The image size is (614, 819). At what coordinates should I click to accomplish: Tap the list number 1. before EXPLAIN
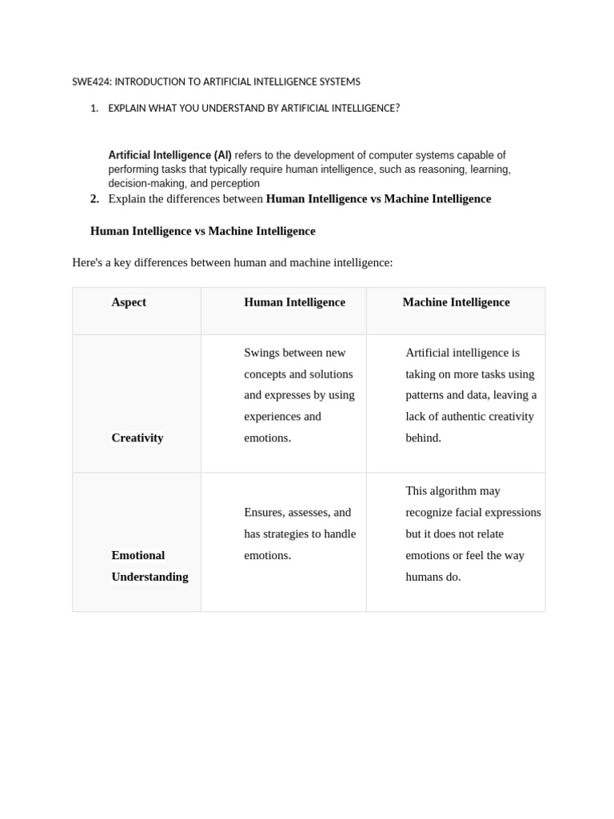point(94,108)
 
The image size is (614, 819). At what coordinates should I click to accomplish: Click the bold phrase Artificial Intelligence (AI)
point(169,155)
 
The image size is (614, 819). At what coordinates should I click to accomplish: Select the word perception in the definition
point(235,183)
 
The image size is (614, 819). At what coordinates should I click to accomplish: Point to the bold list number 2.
point(94,198)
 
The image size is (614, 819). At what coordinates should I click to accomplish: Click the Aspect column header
point(129,302)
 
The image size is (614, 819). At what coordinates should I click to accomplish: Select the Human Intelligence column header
point(294,302)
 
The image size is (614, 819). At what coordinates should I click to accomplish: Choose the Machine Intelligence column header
point(456,302)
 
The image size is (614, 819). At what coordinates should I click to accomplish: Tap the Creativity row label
point(137,437)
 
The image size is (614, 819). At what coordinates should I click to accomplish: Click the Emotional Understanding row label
point(150,565)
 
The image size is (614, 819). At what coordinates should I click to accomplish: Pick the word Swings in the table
point(261,353)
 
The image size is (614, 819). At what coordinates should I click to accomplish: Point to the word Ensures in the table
point(264,513)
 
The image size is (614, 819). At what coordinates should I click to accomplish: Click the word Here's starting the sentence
point(88,262)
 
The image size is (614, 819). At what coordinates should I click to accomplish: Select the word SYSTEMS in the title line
point(341,82)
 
